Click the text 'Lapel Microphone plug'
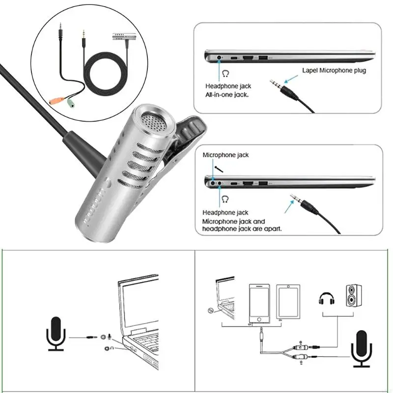(x=334, y=70)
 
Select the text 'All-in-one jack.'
(x=227, y=95)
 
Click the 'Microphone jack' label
(x=225, y=155)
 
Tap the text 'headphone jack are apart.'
(x=242, y=228)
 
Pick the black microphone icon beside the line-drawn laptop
(x=55, y=334)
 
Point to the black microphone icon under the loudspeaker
(x=362, y=348)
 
